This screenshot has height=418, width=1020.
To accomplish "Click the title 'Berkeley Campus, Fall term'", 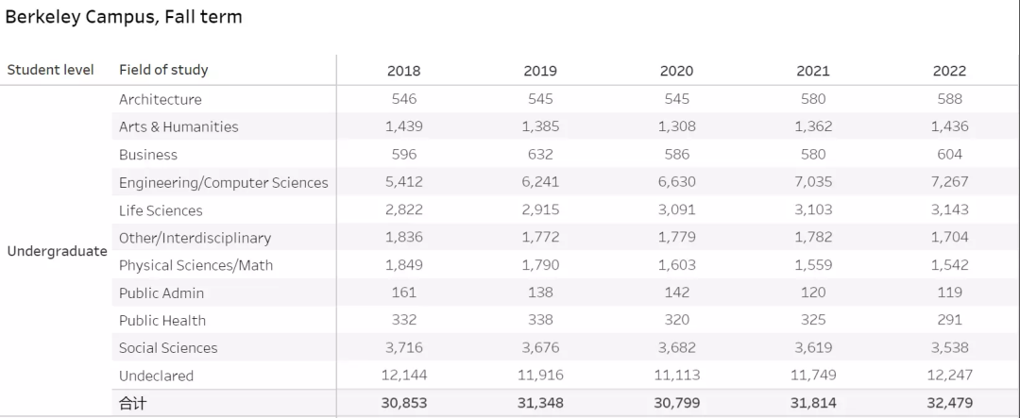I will [124, 17].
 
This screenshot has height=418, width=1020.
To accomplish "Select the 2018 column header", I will [404, 71].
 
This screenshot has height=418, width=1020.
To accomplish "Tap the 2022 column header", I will [949, 71].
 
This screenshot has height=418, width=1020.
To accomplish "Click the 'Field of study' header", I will [163, 70].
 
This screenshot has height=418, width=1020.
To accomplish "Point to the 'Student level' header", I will [51, 70].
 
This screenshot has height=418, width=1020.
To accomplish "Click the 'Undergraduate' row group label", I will [57, 251].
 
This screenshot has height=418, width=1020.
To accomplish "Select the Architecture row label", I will [161, 99].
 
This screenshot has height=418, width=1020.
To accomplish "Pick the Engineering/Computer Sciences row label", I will [224, 182].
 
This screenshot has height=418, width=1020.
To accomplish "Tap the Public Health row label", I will [162, 320].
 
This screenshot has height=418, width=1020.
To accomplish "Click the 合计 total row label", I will [133, 403].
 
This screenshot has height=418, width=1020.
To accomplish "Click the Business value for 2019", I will [540, 154].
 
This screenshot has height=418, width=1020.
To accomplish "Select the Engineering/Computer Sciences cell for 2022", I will [949, 181].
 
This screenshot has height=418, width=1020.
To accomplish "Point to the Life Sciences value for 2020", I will [677, 209].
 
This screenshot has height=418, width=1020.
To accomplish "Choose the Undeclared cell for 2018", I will [404, 375].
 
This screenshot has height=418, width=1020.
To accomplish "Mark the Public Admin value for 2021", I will [813, 293].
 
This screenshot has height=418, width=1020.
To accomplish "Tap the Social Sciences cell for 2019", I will [540, 347].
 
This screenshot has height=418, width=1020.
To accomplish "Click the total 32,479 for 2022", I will [949, 403].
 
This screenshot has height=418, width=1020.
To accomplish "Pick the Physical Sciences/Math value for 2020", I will [677, 264].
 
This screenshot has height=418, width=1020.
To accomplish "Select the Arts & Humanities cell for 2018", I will [404, 126].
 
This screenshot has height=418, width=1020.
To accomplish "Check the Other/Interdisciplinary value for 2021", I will [813, 237].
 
